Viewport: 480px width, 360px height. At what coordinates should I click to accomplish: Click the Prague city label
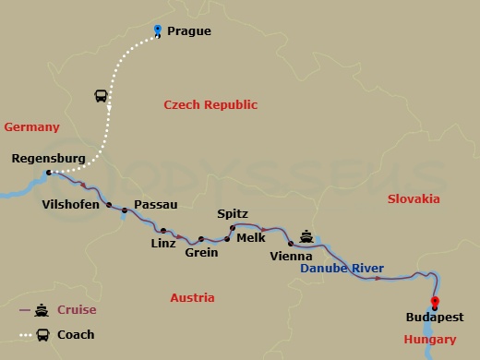pos(189,31)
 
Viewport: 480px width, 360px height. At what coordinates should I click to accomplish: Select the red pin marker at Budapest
pos(435,303)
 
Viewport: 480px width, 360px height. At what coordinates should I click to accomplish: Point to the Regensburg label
pos(48,159)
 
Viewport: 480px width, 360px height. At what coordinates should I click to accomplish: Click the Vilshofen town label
pos(71,205)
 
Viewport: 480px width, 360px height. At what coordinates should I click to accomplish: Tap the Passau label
pos(155,205)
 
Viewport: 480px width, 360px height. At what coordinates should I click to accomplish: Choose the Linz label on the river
pos(162,244)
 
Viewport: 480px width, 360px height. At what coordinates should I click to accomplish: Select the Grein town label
pos(201,252)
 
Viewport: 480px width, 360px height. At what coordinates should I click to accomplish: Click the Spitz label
pos(232,213)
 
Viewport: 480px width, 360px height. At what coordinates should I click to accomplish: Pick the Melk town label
pos(251,237)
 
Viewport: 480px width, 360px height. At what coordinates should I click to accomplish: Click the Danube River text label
pos(342,269)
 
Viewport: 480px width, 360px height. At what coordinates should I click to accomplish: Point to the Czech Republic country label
pos(210,105)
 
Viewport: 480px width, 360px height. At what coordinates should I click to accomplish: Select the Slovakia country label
pos(414,198)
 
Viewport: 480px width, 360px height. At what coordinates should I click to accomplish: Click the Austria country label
pos(192,297)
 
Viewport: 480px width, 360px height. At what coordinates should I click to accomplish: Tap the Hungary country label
pos(429,340)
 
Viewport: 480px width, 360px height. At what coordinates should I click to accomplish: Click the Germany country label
pos(31,127)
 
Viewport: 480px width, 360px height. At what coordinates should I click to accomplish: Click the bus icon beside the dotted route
pos(101,96)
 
